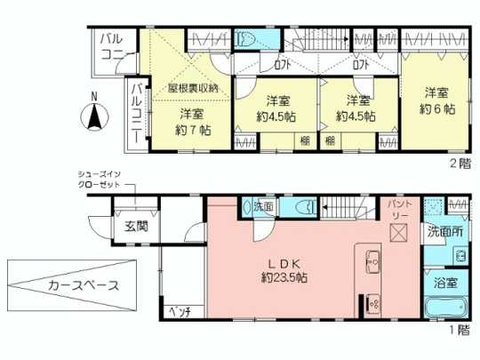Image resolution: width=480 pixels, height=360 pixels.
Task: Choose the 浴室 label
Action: [x=445, y=284]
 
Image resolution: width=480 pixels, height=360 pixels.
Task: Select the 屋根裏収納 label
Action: [x=191, y=89]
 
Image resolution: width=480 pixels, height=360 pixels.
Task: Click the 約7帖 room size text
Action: [x=191, y=130]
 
